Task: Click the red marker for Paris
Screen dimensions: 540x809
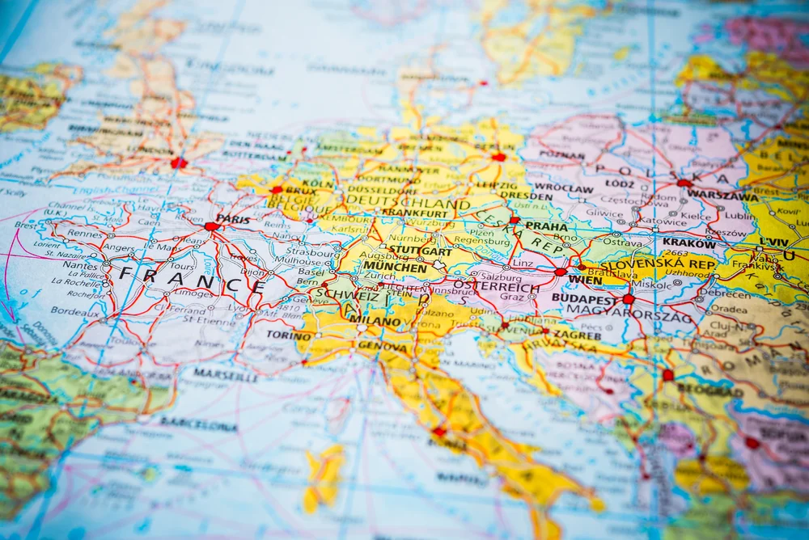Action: (x=212, y=226)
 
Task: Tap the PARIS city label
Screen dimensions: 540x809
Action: (x=234, y=219)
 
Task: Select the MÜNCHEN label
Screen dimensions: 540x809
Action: (x=395, y=268)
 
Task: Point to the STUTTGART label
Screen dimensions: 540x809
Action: (x=409, y=251)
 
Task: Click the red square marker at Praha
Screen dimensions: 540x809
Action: (x=514, y=219)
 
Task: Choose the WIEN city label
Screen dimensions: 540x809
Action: (x=585, y=280)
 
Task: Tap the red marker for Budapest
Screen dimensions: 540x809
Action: (x=628, y=299)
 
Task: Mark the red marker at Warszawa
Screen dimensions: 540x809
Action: (x=684, y=184)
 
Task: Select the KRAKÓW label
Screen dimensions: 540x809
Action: (x=689, y=243)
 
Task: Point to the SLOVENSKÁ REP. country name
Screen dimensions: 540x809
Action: (x=657, y=264)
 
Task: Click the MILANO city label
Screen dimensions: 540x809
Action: (x=375, y=321)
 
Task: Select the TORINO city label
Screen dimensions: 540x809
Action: (x=289, y=335)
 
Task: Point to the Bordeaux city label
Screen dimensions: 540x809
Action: (x=75, y=310)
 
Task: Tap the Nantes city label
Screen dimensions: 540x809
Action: (x=79, y=264)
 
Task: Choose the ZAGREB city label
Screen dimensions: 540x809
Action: (x=576, y=335)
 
